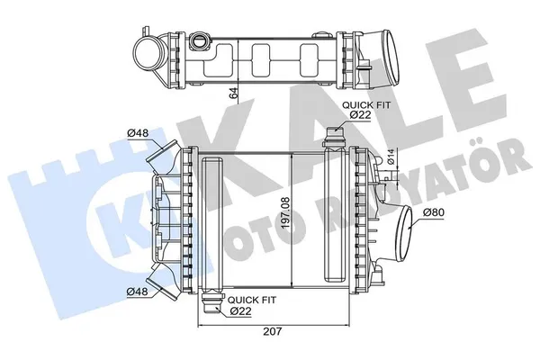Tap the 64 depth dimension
pos(233,93)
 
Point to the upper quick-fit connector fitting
pos(334,138)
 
